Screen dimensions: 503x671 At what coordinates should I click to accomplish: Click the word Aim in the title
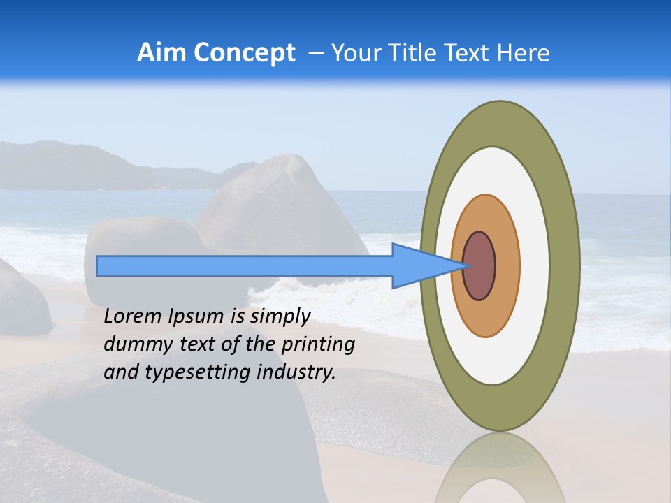click(x=161, y=52)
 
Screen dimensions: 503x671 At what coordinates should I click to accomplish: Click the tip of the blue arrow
click(x=465, y=265)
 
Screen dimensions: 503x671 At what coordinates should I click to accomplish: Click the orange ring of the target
click(x=507, y=265)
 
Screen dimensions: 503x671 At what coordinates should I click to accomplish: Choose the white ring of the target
click(x=535, y=265)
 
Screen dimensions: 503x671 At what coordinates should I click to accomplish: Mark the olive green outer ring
click(x=565, y=265)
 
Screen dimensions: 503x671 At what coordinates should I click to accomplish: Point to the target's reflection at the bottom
click(x=500, y=468)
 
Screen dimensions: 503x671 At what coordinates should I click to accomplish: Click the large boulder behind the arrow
click(x=280, y=203)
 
